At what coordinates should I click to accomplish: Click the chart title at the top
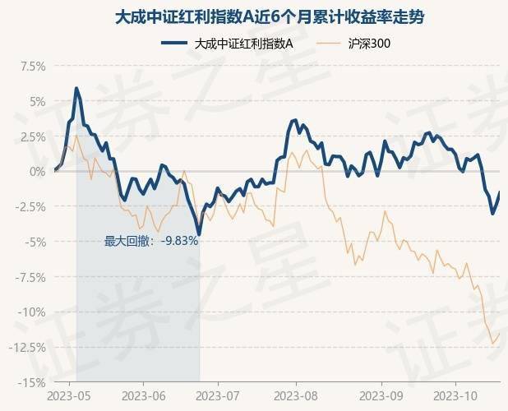pyautogui.click(x=254, y=16)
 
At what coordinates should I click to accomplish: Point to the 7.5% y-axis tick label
pyautogui.click(x=31, y=66)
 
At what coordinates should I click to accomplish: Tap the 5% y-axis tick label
pyautogui.click(x=36, y=101)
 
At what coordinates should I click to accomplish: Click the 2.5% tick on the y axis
pyautogui.click(x=31, y=136)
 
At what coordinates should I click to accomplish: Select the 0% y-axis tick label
pyautogui.click(x=36, y=172)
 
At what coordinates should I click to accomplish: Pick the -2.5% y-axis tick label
pyautogui.click(x=30, y=206)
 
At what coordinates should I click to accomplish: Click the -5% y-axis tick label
pyautogui.click(x=35, y=242)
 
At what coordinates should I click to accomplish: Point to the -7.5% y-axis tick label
pyautogui.click(x=30, y=277)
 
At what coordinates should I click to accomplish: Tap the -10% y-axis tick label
pyautogui.click(x=31, y=312)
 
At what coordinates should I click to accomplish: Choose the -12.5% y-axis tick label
pyautogui.click(x=27, y=347)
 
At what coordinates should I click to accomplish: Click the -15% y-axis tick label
pyautogui.click(x=31, y=382)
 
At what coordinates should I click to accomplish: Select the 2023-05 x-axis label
pyautogui.click(x=68, y=395)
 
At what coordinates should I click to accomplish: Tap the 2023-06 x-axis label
pyautogui.click(x=143, y=395)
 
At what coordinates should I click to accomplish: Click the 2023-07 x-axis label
pyautogui.click(x=218, y=395)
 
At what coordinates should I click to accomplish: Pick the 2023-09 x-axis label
pyautogui.click(x=382, y=395)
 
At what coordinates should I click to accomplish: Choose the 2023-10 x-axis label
pyautogui.click(x=457, y=395)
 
